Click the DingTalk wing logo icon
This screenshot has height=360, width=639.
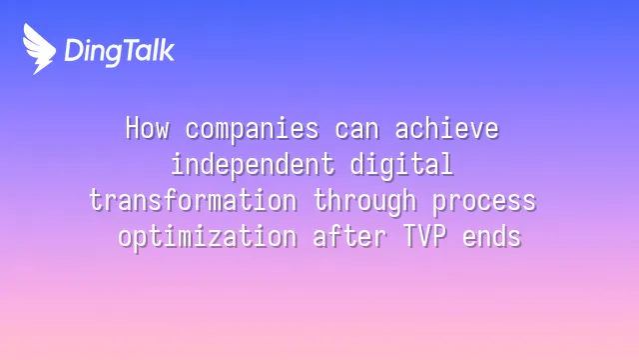pyautogui.click(x=39, y=49)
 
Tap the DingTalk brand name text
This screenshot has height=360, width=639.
pyautogui.click(x=120, y=51)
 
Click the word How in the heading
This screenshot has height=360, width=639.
pyautogui.click(x=147, y=128)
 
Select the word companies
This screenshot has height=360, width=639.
pyautogui.click(x=253, y=130)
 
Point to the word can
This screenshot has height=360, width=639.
pyautogui.click(x=357, y=130)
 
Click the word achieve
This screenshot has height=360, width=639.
pyautogui.click(x=447, y=128)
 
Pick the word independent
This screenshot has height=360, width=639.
pyautogui.click(x=253, y=165)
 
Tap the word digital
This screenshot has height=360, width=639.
pyautogui.click(x=401, y=165)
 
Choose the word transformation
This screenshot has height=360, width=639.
pyautogui.click(x=193, y=200)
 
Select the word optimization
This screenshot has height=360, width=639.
pyautogui.click(x=208, y=237)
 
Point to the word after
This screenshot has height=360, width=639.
pyautogui.click(x=350, y=236)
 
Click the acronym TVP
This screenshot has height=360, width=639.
pyautogui.click(x=424, y=236)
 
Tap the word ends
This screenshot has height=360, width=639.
pyautogui.click(x=492, y=236)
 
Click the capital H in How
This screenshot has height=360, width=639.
pyautogui.click(x=133, y=128)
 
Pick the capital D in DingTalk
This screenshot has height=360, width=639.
pyautogui.click(x=74, y=50)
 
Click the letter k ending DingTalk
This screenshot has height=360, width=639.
pyautogui.click(x=167, y=50)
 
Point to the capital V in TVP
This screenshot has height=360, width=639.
pyautogui.click(x=424, y=236)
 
